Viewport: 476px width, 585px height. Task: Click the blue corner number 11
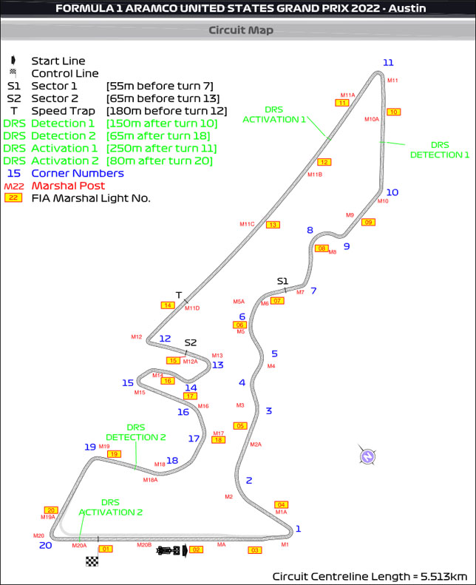pos(388,62)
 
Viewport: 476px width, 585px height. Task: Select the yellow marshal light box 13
pos(273,224)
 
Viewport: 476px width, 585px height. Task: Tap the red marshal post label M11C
pos(247,224)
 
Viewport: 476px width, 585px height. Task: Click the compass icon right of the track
pos(367,456)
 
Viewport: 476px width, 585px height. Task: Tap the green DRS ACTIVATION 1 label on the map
pos(274,114)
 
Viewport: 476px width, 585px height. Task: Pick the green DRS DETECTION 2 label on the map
pos(136,432)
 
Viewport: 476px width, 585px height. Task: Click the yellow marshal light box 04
pos(281,504)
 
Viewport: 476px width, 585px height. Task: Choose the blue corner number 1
pos(299,528)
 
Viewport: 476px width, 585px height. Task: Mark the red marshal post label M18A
pos(150,480)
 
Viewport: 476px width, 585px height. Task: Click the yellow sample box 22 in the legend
pos(13,197)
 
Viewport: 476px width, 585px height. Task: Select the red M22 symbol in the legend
pos(13,186)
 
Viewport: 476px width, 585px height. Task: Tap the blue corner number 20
pos(46,545)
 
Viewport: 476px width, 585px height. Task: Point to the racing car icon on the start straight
pos(169,550)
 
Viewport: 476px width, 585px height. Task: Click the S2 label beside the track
pos(191,342)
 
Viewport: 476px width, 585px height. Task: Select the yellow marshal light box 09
pos(368,222)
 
